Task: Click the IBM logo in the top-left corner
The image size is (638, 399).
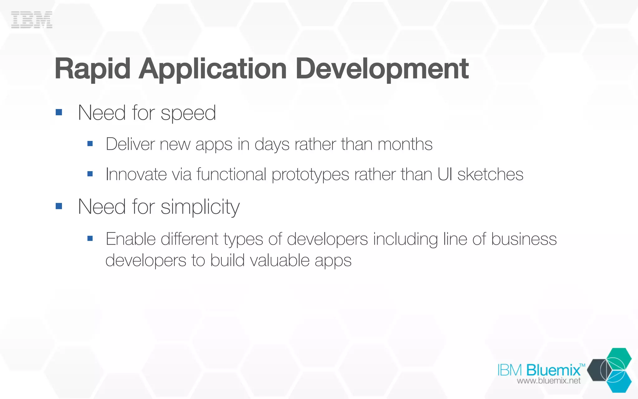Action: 31,20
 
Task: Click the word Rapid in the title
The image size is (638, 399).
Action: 92,69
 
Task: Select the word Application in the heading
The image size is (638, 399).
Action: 213,69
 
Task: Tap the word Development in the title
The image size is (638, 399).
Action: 382,69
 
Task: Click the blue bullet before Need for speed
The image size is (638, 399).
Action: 59,112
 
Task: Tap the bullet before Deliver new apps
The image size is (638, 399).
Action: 90,144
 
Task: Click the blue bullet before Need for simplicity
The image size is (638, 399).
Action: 59,206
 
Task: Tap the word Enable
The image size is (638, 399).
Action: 131,239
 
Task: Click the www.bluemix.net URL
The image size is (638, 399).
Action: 549,381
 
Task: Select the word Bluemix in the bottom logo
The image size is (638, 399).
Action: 553,370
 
